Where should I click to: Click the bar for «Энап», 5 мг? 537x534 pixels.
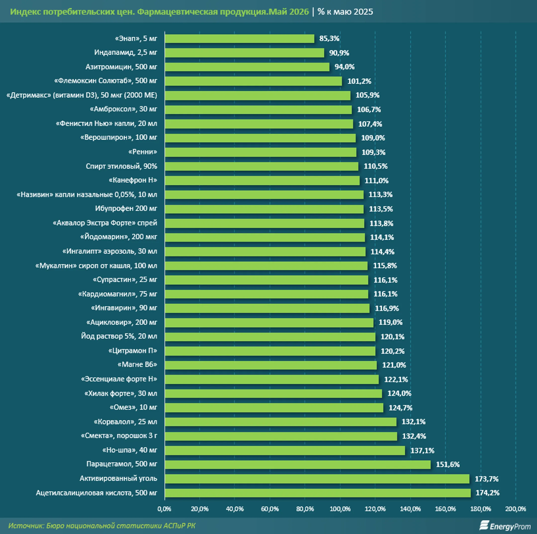click(x=239, y=38)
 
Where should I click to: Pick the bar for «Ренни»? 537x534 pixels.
click(x=261, y=152)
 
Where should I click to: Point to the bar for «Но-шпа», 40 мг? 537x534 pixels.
click(x=285, y=450)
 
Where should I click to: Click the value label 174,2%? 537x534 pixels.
click(x=488, y=493)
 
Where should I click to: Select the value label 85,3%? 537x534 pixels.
click(x=329, y=38)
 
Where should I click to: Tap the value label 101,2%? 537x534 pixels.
click(x=359, y=81)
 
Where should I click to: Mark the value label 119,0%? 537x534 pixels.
click(x=391, y=322)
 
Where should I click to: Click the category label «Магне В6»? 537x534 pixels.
click(x=137, y=364)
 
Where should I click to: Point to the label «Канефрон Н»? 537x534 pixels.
click(x=133, y=180)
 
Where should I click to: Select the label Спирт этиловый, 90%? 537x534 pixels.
click(x=122, y=166)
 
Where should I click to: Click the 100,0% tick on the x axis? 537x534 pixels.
click(x=340, y=509)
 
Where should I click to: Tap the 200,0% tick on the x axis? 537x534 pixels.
click(x=516, y=509)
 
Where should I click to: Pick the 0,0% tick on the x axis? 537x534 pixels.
click(x=164, y=509)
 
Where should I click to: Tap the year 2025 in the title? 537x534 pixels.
click(x=363, y=12)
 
